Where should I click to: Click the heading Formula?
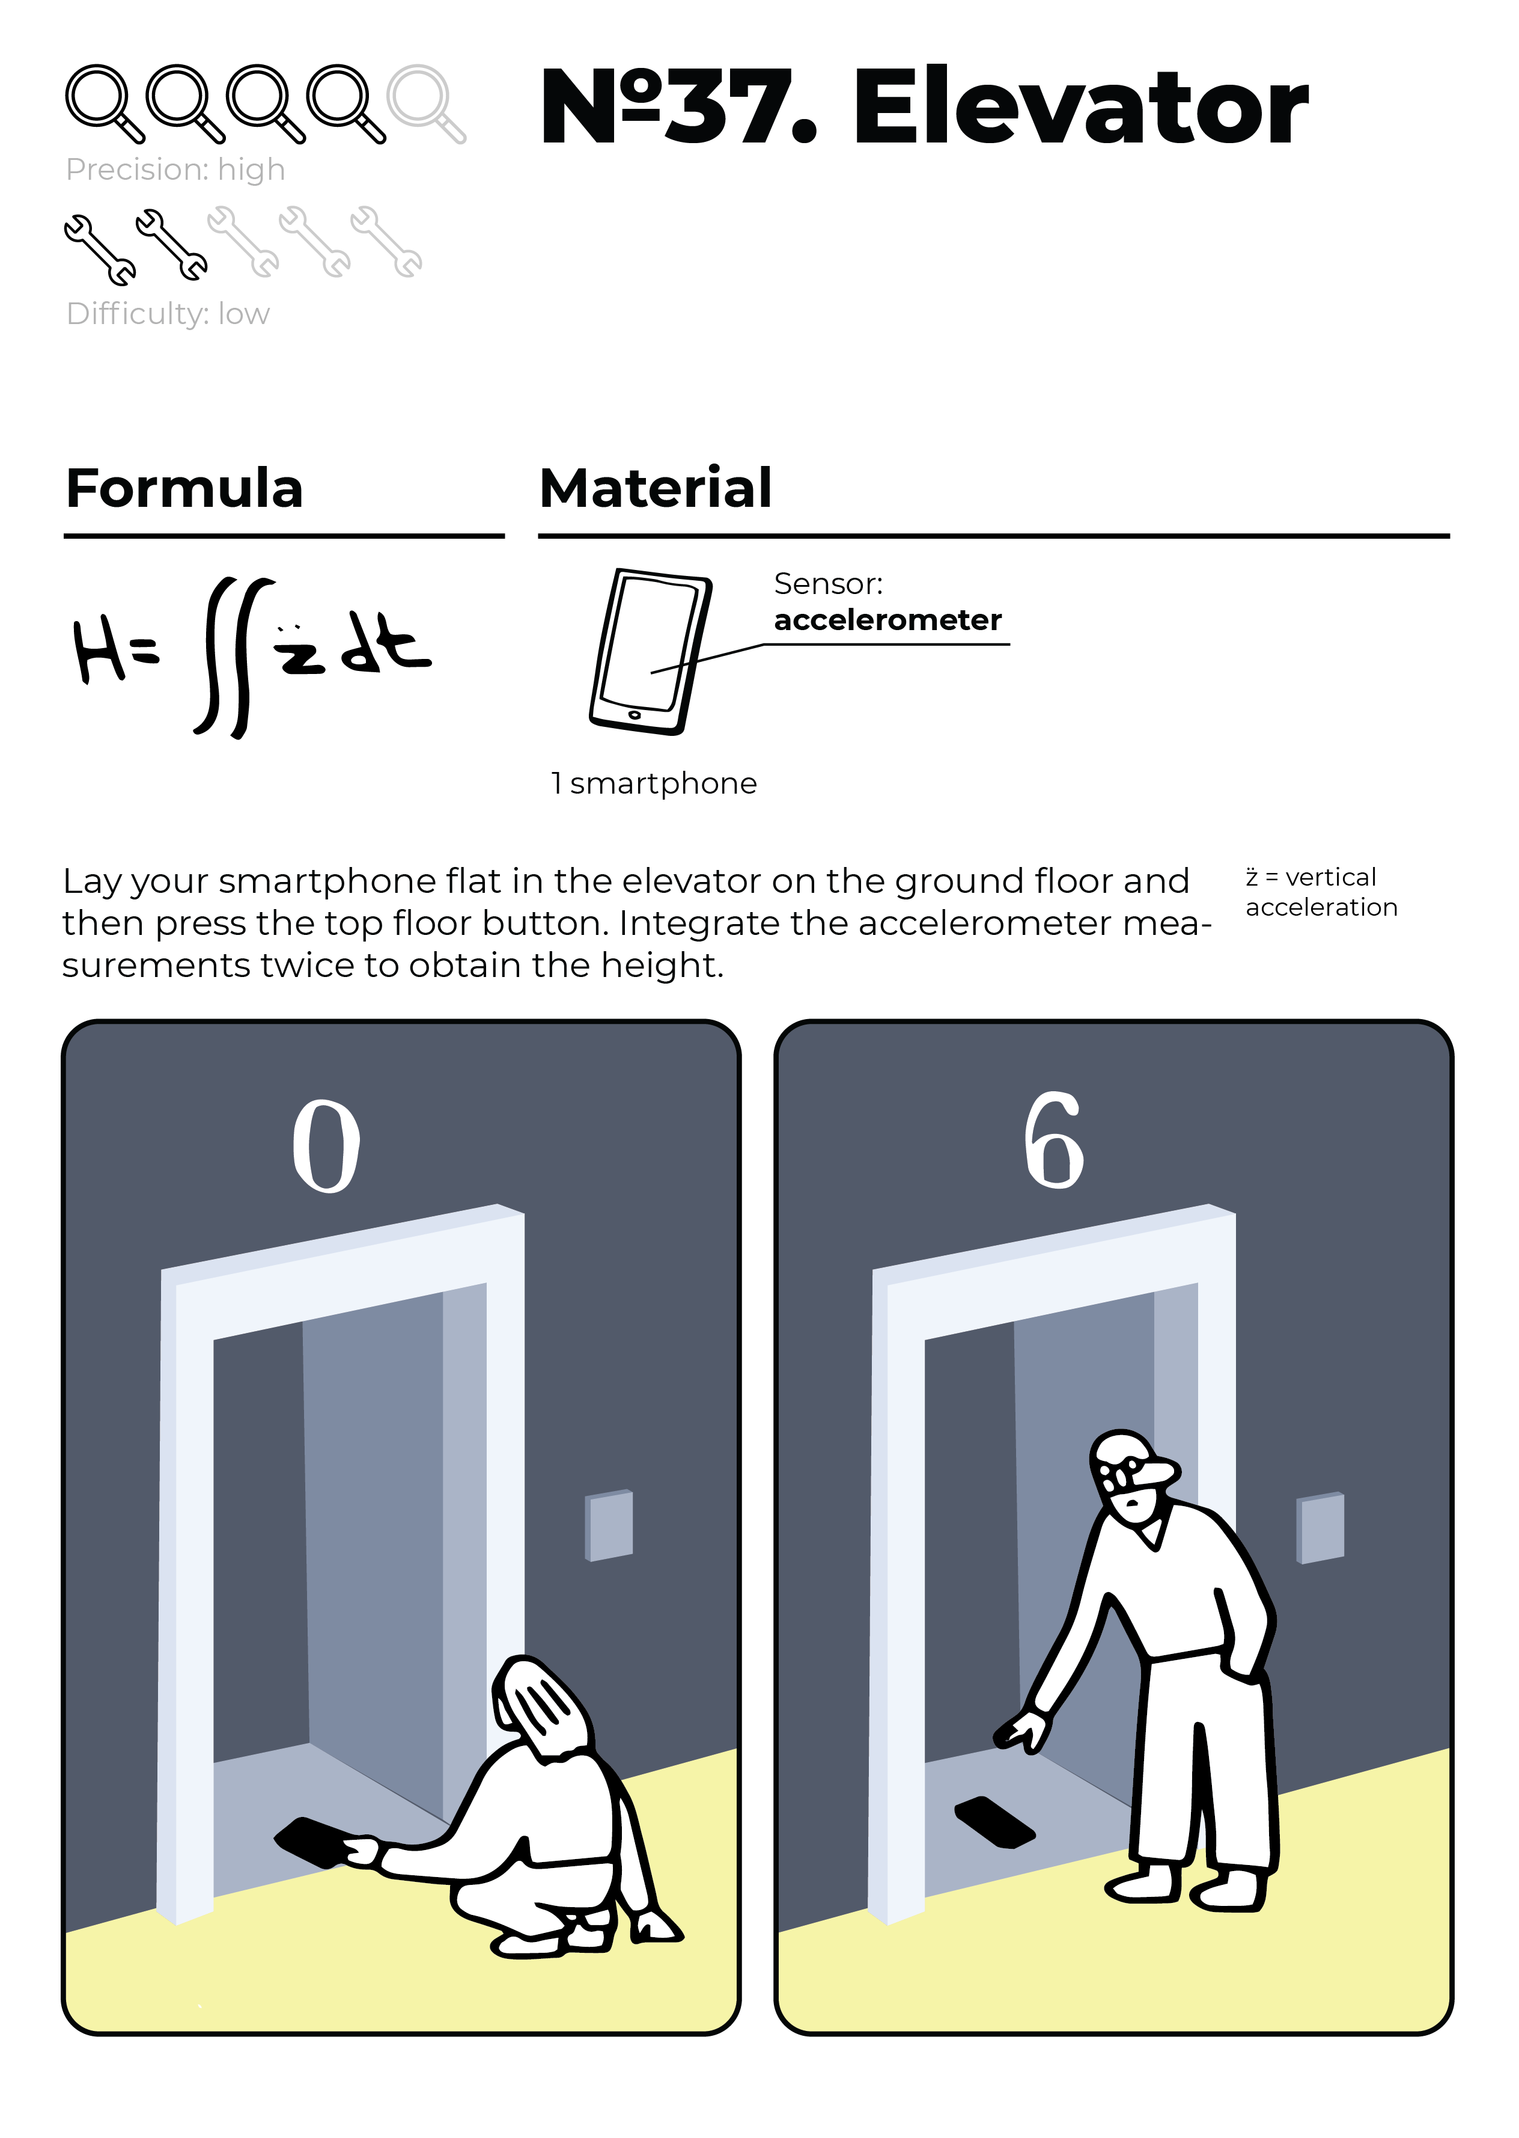click(184, 488)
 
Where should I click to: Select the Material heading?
click(656, 488)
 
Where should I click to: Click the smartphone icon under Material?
click(650, 651)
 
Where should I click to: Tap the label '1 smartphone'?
click(654, 783)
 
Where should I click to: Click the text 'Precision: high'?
click(175, 170)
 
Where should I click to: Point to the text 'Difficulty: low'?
click(168, 313)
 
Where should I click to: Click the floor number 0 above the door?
click(326, 1145)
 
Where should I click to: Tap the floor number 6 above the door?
click(1053, 1139)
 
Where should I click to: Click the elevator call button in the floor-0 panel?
click(609, 1526)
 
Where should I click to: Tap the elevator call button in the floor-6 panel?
click(1320, 1528)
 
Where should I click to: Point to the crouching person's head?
click(541, 1706)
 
